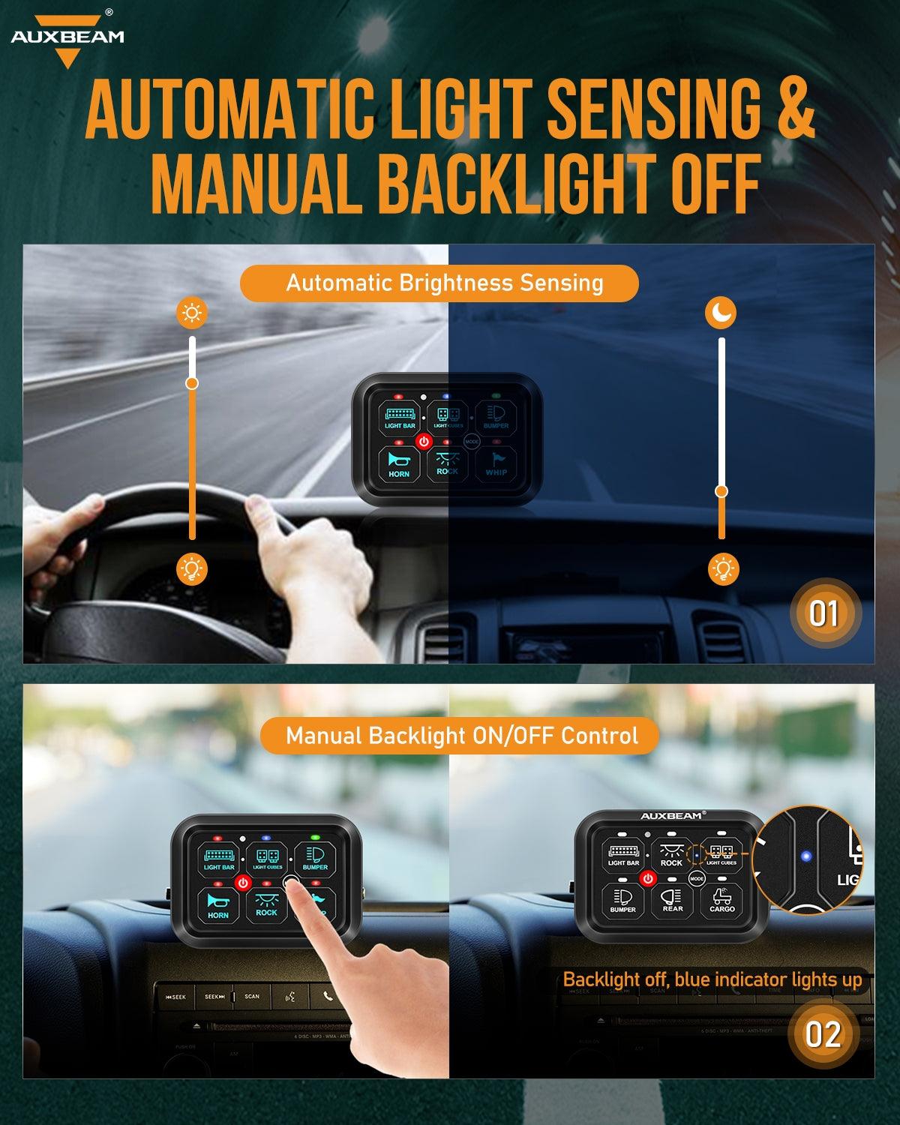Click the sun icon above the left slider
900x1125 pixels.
pos(192,313)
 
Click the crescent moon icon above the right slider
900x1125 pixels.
pos(721,313)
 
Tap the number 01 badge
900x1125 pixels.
pos(823,614)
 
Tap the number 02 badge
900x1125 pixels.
pos(823,1034)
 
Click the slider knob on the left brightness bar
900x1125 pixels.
pos(192,383)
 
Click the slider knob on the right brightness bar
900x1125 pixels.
pos(721,491)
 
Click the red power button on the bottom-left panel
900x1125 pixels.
pos(242,883)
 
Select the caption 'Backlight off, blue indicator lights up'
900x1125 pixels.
pos(712,979)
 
